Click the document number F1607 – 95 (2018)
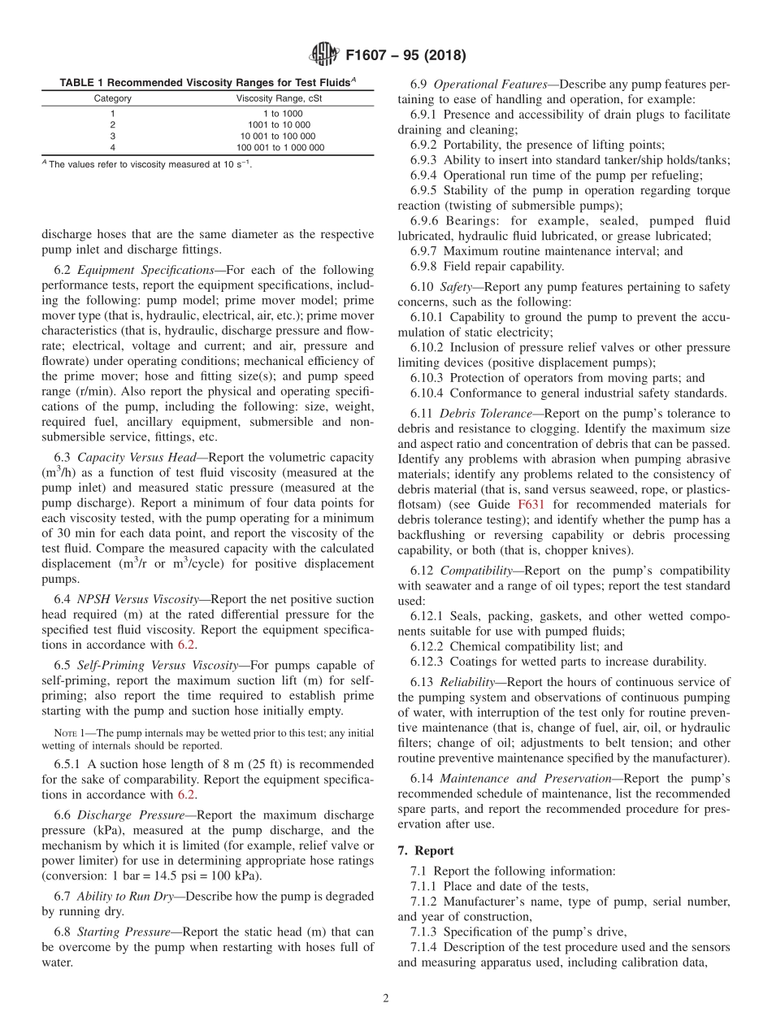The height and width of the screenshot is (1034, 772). click(x=406, y=56)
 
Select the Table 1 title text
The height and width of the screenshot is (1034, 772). click(x=207, y=83)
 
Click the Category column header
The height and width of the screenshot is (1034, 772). click(x=112, y=98)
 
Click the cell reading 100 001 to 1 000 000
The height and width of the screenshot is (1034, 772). click(x=281, y=148)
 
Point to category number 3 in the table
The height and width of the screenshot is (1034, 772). click(x=112, y=137)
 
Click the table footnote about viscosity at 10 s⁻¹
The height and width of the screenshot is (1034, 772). click(x=146, y=164)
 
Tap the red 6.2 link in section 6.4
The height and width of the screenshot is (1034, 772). click(x=186, y=645)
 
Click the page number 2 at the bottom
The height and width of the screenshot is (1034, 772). click(x=386, y=998)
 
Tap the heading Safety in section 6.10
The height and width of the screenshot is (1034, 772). click(x=455, y=287)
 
